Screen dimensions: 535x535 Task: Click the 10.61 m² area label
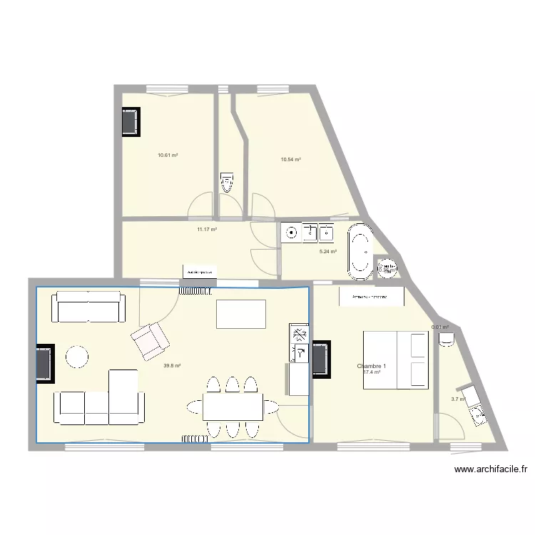(x=168, y=155)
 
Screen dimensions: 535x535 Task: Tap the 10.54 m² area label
(x=290, y=160)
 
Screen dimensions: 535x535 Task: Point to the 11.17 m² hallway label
(x=207, y=230)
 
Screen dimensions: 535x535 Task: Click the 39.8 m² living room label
(x=172, y=366)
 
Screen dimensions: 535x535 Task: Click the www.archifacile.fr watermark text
(x=490, y=469)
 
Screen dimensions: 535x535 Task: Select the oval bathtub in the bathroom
(x=359, y=250)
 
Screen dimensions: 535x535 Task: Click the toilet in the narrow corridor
(x=227, y=182)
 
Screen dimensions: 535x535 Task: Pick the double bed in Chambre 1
(x=396, y=360)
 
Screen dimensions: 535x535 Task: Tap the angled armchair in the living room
(x=149, y=340)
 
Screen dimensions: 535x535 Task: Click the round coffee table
(x=77, y=356)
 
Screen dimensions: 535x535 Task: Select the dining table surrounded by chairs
(x=233, y=407)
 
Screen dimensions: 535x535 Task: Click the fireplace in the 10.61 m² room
(x=131, y=122)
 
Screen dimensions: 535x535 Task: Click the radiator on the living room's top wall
(x=196, y=290)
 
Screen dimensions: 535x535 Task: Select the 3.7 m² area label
(x=458, y=399)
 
